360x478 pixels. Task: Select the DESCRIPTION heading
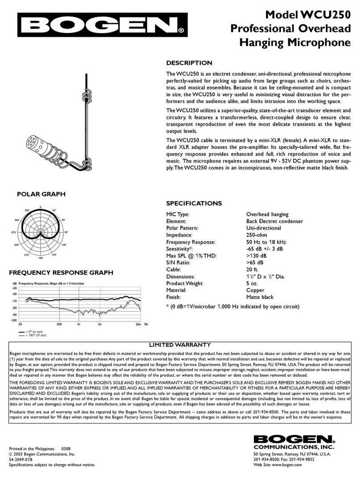point(189,63)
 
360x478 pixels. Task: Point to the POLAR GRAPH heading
point(41,194)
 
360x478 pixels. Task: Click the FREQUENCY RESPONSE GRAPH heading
point(61,272)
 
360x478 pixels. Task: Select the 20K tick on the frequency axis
point(138,325)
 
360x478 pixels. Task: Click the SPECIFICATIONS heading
point(194,203)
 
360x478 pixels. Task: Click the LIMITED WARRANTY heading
point(180,345)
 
